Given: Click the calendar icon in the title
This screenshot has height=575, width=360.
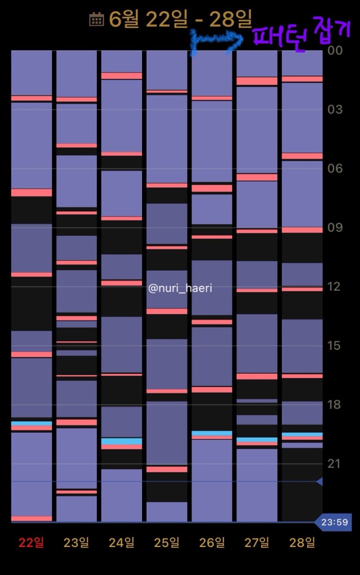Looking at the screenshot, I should [x=96, y=19].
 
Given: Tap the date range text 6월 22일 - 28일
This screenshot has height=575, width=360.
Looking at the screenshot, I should [x=180, y=19].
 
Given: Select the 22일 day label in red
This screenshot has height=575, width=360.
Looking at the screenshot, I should [x=31, y=543].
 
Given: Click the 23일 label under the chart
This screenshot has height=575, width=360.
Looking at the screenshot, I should [x=77, y=543].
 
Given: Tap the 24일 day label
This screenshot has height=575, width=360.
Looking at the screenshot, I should [x=122, y=543].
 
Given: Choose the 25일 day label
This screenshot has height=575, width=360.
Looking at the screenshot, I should [x=167, y=543].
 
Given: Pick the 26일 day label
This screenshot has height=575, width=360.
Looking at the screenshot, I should [x=212, y=543].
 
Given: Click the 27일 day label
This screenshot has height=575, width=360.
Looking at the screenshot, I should [x=257, y=543].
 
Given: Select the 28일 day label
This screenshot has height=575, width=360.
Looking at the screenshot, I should [x=302, y=543].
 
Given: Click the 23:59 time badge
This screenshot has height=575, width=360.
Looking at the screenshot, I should [x=334, y=522].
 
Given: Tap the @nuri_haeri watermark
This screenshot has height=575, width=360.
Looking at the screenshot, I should [x=180, y=289].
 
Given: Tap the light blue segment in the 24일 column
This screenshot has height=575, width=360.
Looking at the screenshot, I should [x=122, y=441].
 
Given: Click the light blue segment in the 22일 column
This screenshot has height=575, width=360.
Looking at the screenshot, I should [x=31, y=423].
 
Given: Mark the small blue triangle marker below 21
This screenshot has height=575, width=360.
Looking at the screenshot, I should [x=319, y=482].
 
